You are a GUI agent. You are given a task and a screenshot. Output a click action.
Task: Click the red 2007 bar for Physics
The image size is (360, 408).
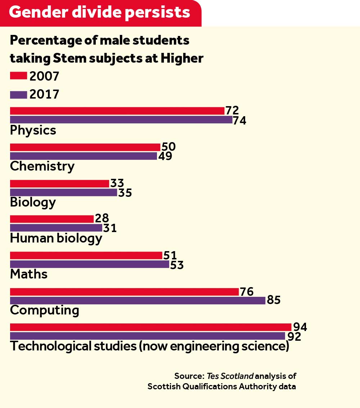[x=117, y=111]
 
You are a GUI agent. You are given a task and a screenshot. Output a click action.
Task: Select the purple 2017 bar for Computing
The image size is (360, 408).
[x=138, y=300]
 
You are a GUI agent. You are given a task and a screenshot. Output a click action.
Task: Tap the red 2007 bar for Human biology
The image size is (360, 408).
[x=52, y=219]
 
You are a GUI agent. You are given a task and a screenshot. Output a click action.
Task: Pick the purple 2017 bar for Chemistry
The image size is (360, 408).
[x=83, y=156]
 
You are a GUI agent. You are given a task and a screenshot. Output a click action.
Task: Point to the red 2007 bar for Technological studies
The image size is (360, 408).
[x=150, y=327]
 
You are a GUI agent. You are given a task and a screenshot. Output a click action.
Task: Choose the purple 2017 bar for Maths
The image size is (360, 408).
[x=89, y=264]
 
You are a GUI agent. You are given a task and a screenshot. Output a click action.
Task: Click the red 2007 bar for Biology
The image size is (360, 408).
[x=59, y=183]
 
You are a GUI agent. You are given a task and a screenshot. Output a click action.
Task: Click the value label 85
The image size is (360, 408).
[x=274, y=300]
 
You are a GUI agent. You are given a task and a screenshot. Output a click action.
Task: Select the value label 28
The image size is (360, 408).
[x=102, y=218]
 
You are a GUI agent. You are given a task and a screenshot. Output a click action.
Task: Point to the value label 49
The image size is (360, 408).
[x=165, y=157]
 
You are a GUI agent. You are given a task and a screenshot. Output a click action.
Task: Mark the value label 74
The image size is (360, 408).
[x=239, y=121]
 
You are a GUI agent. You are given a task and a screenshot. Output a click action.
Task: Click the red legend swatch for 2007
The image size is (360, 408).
[x=18, y=76]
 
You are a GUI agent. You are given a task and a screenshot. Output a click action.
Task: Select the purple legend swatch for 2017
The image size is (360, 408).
[x=18, y=95]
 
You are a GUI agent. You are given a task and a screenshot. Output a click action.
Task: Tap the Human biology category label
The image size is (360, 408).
[x=56, y=238]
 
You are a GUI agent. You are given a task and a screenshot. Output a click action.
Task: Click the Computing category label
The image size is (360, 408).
[x=45, y=310]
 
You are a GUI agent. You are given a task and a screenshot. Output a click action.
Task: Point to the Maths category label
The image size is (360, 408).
[x=29, y=274]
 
